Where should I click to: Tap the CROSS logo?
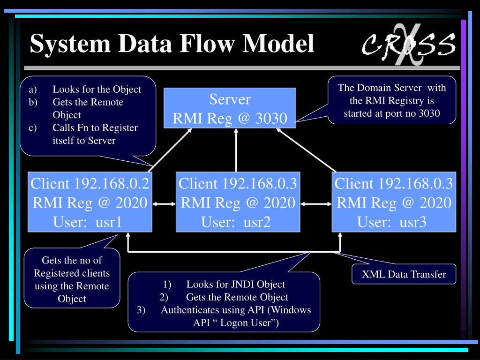pyautogui.click(x=408, y=45)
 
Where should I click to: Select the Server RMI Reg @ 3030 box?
pyautogui.click(x=230, y=108)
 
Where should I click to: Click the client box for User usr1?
pyautogui.click(x=90, y=202)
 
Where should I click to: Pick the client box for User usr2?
pyautogui.click(x=238, y=202)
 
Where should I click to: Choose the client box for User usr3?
pyautogui.click(x=394, y=202)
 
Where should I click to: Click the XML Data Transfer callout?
pyautogui.click(x=404, y=274)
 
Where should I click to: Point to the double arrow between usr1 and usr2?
pyautogui.click(x=164, y=203)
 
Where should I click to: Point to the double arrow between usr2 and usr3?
pyautogui.click(x=316, y=203)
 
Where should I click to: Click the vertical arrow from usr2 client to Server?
pyautogui.click(x=236, y=150)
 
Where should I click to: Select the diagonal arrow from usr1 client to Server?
pyautogui.click(x=171, y=149)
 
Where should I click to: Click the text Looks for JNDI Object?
pyautogui.click(x=235, y=284)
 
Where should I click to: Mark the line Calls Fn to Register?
pyautogui.click(x=95, y=127)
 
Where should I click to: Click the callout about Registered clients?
pyautogui.click(x=72, y=279)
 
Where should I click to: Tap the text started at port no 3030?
pyautogui.click(x=391, y=113)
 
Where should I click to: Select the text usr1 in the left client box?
pyautogui.click(x=109, y=222)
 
